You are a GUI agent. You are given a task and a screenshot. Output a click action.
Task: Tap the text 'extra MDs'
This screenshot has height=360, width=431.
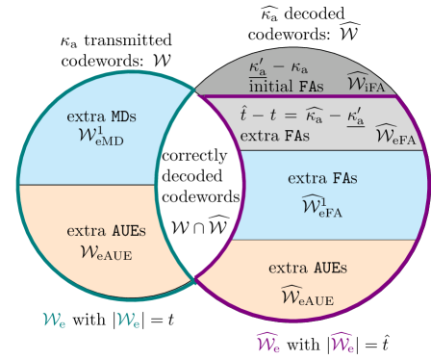pyautogui.click(x=102, y=116)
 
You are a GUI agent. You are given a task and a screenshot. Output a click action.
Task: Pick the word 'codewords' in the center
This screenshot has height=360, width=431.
pyautogui.click(x=201, y=196)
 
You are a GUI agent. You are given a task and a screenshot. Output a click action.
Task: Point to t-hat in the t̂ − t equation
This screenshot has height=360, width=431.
pyautogui.click(x=244, y=113)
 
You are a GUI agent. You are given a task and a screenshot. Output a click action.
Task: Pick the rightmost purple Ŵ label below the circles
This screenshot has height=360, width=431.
pyautogui.click(x=342, y=341)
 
